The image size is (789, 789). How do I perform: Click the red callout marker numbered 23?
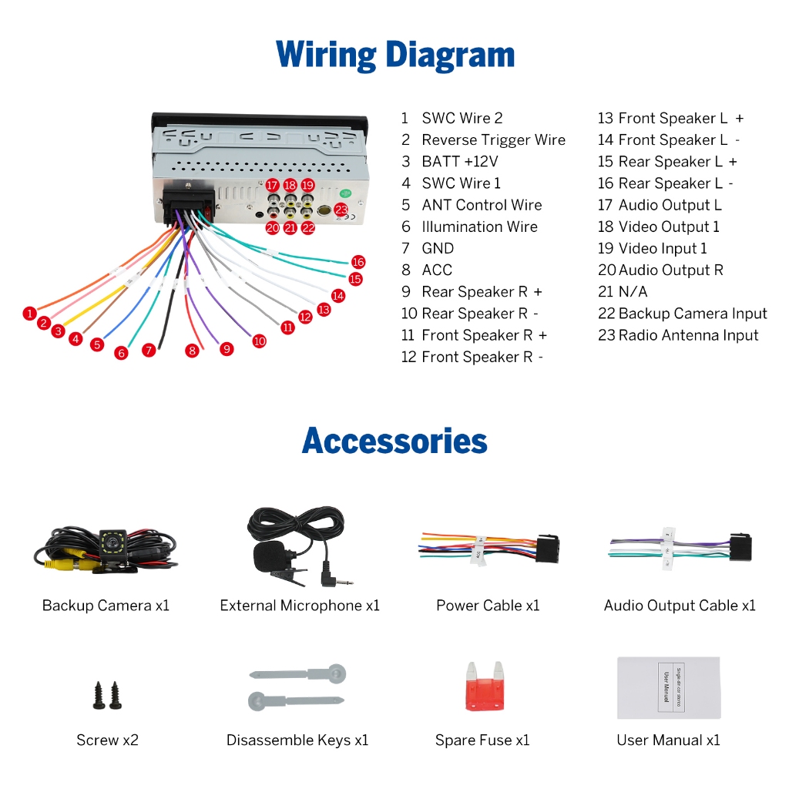[341, 210]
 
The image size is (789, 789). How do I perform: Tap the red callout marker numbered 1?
[29, 314]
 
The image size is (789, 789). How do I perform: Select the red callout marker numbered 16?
[358, 262]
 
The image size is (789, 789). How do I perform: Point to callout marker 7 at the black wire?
[149, 350]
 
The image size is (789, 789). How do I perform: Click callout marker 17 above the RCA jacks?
[272, 186]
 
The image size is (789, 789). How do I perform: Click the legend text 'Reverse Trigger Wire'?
[493, 140]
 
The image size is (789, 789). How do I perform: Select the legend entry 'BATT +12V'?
[459, 162]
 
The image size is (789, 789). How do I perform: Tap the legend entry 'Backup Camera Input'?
[693, 314]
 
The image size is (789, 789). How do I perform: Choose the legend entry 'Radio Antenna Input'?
[688, 335]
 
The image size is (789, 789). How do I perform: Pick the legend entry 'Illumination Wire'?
[479, 227]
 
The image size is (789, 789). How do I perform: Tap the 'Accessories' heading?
[394, 441]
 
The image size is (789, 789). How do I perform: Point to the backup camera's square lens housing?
[114, 543]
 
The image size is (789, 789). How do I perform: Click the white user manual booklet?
[668, 688]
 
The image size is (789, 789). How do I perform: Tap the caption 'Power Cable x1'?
[488, 606]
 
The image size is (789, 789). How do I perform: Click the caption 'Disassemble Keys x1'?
[297, 740]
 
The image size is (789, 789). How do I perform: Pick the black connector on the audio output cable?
[740, 547]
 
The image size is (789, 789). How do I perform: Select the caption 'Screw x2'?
[107, 740]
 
